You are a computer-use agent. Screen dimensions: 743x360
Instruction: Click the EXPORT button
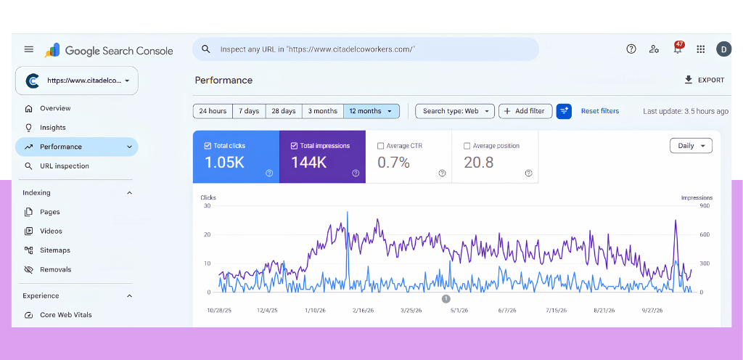coord(705,80)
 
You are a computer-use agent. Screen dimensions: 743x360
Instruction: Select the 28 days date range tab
coord(284,111)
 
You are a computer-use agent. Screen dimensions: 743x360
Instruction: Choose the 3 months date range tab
coord(323,111)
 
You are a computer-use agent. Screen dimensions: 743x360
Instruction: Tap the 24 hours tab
coord(213,111)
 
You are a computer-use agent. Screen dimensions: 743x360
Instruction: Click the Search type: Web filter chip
coord(455,111)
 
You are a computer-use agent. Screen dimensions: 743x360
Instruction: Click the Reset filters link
coord(600,111)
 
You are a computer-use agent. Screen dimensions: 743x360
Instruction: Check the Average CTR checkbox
coord(380,146)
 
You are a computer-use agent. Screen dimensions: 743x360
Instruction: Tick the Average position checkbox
coord(467,146)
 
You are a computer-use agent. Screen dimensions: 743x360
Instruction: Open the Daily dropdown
coord(691,146)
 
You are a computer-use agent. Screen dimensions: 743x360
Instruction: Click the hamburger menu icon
coord(29,49)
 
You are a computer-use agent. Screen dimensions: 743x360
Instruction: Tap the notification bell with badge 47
coord(678,49)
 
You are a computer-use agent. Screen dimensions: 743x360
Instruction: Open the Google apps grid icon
coord(701,49)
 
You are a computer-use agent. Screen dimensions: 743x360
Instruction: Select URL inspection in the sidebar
coord(65,165)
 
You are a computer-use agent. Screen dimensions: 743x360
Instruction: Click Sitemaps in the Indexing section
coord(55,250)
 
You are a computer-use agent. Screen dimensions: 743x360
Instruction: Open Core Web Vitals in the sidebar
coord(66,315)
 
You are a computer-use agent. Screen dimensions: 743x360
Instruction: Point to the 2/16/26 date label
coord(363,311)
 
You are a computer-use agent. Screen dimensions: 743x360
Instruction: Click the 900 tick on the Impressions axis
coord(705,205)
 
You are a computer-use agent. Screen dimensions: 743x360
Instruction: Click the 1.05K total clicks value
coord(224,163)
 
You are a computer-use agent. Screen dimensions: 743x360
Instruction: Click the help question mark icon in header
coord(631,49)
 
